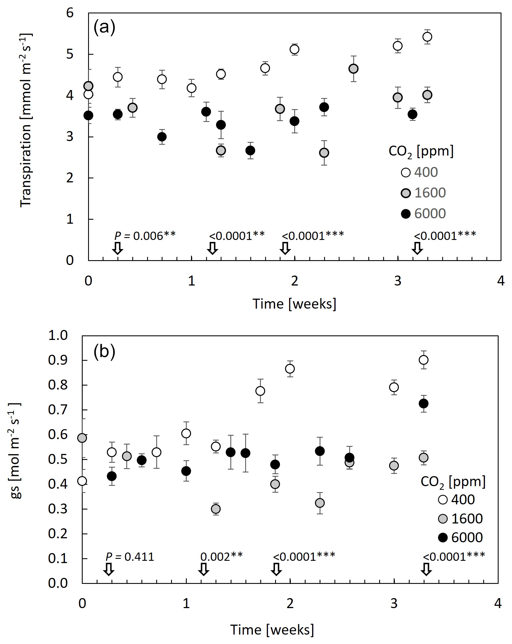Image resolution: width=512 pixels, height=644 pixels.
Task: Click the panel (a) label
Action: (x=104, y=27)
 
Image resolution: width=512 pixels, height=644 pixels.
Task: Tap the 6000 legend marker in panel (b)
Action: (x=443, y=538)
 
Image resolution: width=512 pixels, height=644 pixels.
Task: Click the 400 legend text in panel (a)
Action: (x=426, y=172)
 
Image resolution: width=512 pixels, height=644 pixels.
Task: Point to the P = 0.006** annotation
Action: (x=145, y=236)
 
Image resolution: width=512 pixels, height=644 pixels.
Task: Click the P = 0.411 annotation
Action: (x=130, y=557)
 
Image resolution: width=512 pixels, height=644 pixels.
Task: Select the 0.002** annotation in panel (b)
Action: (x=222, y=557)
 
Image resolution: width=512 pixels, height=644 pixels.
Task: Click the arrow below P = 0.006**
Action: (x=117, y=248)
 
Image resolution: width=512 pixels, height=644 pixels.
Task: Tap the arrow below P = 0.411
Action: (x=109, y=569)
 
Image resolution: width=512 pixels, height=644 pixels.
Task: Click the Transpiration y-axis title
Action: (x=26, y=119)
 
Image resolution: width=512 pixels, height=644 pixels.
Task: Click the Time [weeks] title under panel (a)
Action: (x=294, y=304)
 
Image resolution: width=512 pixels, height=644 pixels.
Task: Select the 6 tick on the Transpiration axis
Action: (x=70, y=13)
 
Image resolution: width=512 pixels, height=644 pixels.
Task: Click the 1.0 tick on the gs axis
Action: (x=58, y=335)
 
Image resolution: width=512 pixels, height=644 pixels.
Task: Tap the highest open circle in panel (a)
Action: (x=427, y=37)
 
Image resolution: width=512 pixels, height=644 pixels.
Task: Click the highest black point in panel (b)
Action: (x=424, y=403)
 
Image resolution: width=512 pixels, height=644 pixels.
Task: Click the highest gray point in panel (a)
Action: (x=353, y=69)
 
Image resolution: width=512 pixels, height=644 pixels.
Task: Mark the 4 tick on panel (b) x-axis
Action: (x=498, y=603)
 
